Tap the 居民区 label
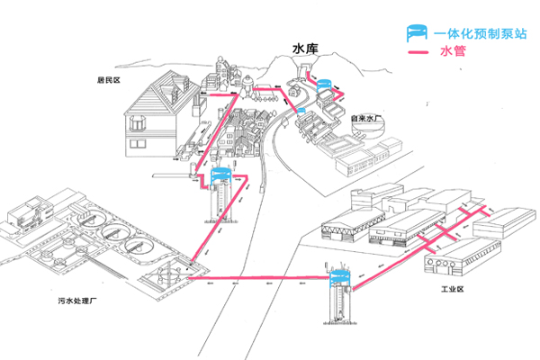click(x=108, y=79)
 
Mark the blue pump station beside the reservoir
click(x=325, y=87)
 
